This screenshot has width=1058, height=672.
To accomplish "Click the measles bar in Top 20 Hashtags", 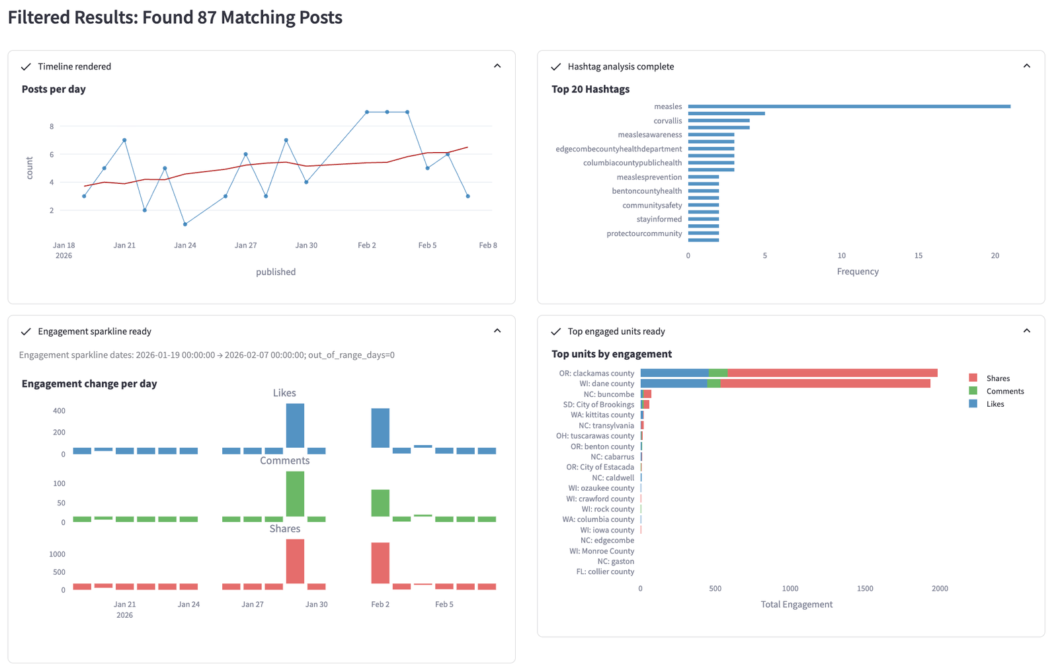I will [x=849, y=106].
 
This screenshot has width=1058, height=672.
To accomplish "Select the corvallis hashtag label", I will [x=667, y=121].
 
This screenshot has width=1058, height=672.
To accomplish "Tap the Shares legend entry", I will [x=997, y=378].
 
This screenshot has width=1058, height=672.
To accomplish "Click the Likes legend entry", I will [x=995, y=404].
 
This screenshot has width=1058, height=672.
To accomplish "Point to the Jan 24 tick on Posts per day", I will [x=185, y=245].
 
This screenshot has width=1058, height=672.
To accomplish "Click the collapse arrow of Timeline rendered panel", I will [x=497, y=66].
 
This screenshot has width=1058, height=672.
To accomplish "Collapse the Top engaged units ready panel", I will [x=1026, y=331].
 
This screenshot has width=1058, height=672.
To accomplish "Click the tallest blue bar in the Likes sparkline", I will [x=295, y=425].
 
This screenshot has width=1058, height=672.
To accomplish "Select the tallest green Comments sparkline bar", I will [x=295, y=493].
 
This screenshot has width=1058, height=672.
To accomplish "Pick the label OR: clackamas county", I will [x=596, y=374].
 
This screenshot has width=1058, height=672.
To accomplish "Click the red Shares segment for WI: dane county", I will [x=825, y=384].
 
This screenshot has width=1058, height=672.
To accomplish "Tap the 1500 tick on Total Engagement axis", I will [x=865, y=589].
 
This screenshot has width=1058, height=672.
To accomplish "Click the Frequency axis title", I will [x=858, y=272].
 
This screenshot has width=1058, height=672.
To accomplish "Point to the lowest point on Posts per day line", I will [x=185, y=224].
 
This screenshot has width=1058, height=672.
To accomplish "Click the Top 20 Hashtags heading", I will [x=590, y=89].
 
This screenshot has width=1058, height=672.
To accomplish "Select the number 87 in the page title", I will [x=207, y=17].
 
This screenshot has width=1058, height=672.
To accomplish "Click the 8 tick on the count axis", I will [x=52, y=126].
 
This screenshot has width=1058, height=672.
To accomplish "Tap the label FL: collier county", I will [x=605, y=572].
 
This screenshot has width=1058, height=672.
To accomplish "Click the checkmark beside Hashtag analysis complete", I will [x=556, y=67].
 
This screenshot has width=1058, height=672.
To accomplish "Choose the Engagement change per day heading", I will [x=89, y=384].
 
